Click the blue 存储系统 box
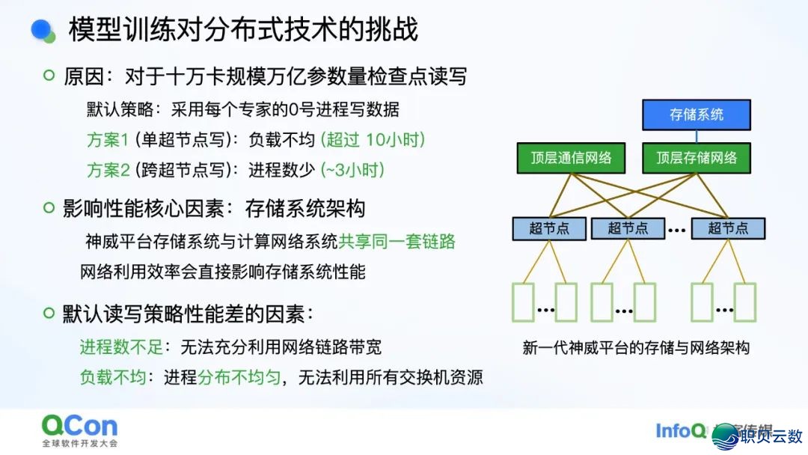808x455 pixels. (696, 114)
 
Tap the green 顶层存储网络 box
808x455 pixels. (697, 157)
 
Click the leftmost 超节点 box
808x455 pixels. (549, 228)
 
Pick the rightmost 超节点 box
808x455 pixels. (728, 228)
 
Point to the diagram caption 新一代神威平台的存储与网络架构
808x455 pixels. (636, 348)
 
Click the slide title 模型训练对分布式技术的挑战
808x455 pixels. (243, 30)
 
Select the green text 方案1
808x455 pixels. (108, 140)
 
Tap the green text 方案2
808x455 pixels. (108, 170)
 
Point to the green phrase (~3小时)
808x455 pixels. (352, 170)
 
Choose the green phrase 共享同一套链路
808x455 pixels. (397, 242)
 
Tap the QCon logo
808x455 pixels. (79, 427)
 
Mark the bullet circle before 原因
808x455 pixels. (49, 76)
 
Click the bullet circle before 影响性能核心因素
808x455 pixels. (49, 207)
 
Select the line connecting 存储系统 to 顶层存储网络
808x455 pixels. (697, 136)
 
